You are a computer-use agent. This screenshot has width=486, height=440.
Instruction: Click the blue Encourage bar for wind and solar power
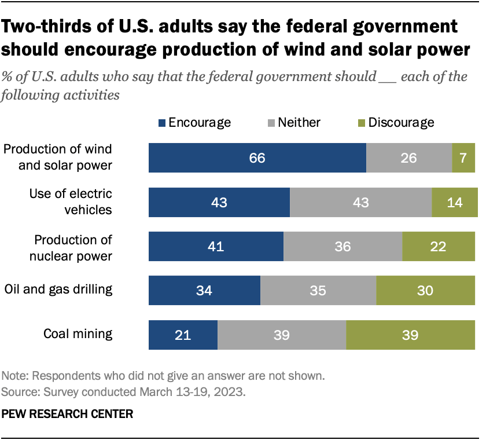257,158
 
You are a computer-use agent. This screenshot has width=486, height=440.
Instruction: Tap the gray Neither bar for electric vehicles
360,202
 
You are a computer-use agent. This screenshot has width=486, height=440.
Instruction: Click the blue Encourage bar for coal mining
183,335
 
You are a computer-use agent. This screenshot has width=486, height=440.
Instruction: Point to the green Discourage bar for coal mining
412,335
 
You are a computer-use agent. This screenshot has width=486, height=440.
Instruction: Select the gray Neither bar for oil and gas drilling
318,291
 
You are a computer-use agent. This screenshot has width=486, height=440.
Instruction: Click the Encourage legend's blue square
162,123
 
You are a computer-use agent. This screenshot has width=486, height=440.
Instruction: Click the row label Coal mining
78,334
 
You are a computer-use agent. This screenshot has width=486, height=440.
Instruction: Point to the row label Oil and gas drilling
58,289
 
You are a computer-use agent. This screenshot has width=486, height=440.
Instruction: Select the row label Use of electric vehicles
71,201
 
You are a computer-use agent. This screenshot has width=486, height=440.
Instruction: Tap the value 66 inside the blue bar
257,158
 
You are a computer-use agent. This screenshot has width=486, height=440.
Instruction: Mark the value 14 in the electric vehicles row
455,202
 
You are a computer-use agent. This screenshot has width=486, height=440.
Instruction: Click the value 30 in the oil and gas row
425,291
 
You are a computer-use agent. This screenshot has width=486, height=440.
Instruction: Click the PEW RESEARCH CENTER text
68,414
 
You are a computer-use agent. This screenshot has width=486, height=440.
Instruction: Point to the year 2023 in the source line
233,392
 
